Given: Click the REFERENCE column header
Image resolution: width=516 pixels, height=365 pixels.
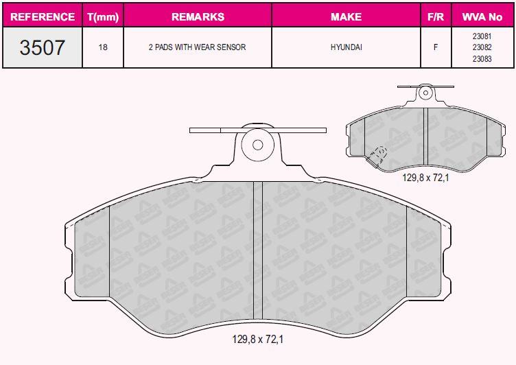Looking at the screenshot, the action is click(x=43, y=16).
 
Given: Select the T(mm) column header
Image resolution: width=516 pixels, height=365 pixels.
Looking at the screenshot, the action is click(x=103, y=16).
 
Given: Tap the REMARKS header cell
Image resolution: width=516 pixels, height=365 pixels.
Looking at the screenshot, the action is click(x=198, y=16).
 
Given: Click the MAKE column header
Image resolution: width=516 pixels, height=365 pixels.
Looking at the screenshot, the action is click(x=347, y=16).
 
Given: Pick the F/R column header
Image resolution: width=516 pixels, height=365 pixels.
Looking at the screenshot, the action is click(x=436, y=16).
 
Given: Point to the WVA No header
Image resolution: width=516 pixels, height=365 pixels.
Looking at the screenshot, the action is click(x=482, y=16).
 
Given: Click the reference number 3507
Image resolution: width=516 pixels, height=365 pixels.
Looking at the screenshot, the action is click(x=42, y=47).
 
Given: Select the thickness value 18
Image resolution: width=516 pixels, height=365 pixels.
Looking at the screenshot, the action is click(x=103, y=47).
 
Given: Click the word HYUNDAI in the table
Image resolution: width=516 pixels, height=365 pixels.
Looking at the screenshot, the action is click(x=347, y=47).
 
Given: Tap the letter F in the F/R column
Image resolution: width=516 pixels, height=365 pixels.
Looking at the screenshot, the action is click(x=436, y=47).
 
